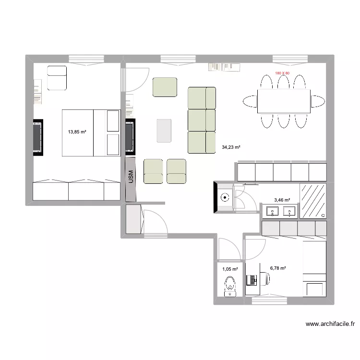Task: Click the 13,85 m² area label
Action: click(77, 132)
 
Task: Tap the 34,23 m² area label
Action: click(231, 148)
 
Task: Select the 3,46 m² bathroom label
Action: click(282, 200)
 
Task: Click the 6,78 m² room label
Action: click(278, 268)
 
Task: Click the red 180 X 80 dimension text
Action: click(282, 73)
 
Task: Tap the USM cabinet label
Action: click(130, 178)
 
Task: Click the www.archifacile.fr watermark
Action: click(330, 324)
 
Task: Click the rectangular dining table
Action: click(284, 101)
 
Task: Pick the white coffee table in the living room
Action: click(164, 131)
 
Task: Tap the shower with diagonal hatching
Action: click(313, 200)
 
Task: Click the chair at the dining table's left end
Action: click(250, 101)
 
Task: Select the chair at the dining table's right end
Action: click(317, 101)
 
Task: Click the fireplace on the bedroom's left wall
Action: click(37, 137)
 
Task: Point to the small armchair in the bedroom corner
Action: click(57, 78)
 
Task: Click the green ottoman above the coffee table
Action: click(165, 87)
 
